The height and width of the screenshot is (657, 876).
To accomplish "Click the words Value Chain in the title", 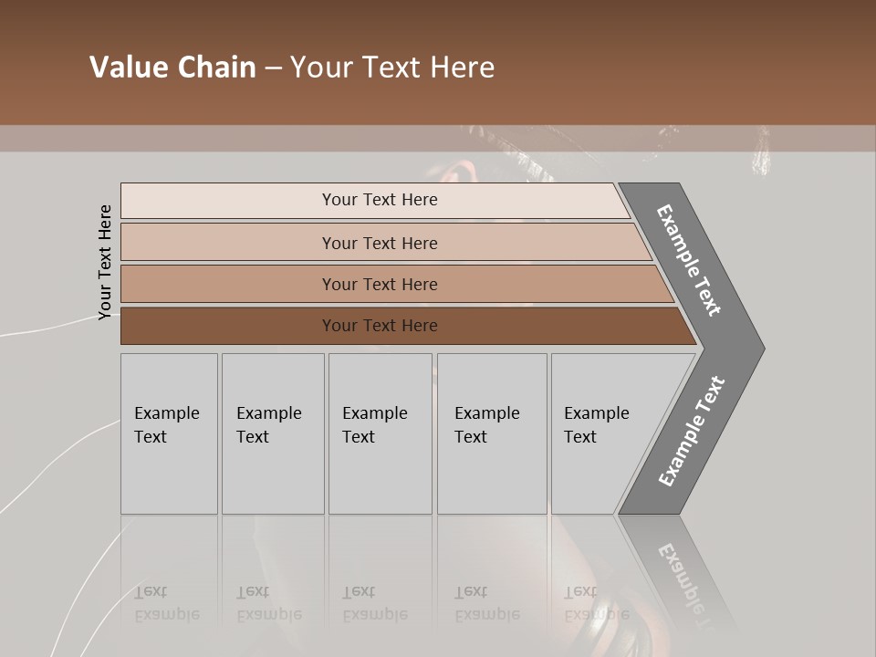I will tap(172, 68).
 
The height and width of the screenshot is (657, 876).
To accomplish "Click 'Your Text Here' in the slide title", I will tap(392, 68).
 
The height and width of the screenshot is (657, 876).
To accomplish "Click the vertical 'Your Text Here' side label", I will tap(105, 262).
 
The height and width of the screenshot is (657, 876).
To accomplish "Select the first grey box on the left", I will tap(169, 433).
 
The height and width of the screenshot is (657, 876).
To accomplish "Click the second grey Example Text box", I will tap(273, 433).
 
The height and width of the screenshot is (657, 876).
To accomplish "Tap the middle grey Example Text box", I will tap(380, 433).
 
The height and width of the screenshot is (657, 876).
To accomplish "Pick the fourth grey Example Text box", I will tap(492, 433).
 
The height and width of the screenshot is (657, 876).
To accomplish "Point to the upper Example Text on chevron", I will tap(689, 260).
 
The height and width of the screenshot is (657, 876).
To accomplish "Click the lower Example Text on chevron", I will tap(692, 432).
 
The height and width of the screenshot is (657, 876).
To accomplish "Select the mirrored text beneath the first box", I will tap(166, 603).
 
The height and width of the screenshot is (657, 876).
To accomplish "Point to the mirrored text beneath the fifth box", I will tap(596, 603).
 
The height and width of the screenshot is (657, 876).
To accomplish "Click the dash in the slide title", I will tap(273, 68).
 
